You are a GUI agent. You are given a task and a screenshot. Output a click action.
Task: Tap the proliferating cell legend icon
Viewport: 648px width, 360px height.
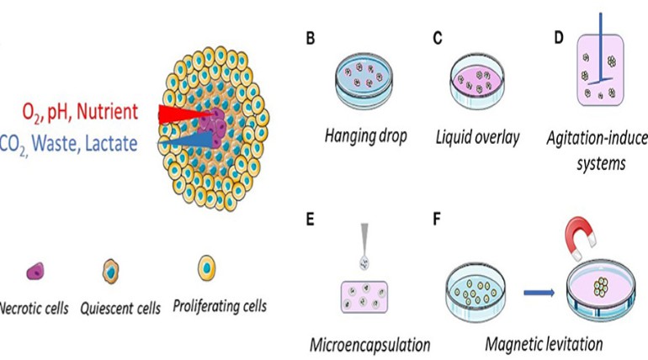tap(206, 268)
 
